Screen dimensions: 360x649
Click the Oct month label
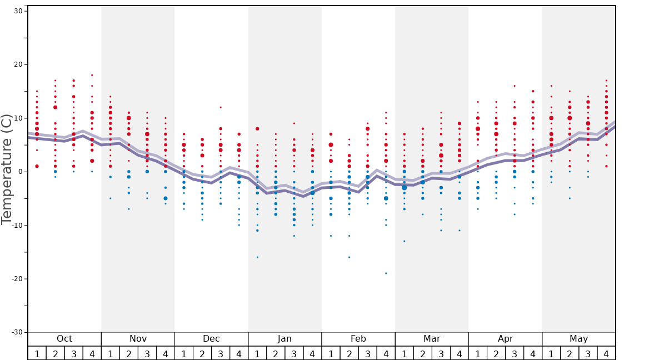64,339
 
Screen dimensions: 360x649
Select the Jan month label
284,339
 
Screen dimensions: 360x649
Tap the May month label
578,339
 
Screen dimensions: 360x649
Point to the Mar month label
432,339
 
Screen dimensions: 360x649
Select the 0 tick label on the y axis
19,172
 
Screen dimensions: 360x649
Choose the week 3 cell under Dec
221,353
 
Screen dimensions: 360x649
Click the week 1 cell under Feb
331,353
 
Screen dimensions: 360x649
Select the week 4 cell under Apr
533,353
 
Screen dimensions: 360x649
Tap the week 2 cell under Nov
129,353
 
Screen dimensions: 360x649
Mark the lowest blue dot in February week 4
386,273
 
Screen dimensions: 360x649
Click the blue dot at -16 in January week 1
257,257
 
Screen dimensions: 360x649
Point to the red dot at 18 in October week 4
92,75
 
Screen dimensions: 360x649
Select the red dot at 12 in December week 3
221,107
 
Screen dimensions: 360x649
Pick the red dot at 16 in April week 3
515,86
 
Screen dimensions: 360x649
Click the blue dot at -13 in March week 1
405,241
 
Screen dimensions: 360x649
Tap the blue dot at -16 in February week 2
349,257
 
